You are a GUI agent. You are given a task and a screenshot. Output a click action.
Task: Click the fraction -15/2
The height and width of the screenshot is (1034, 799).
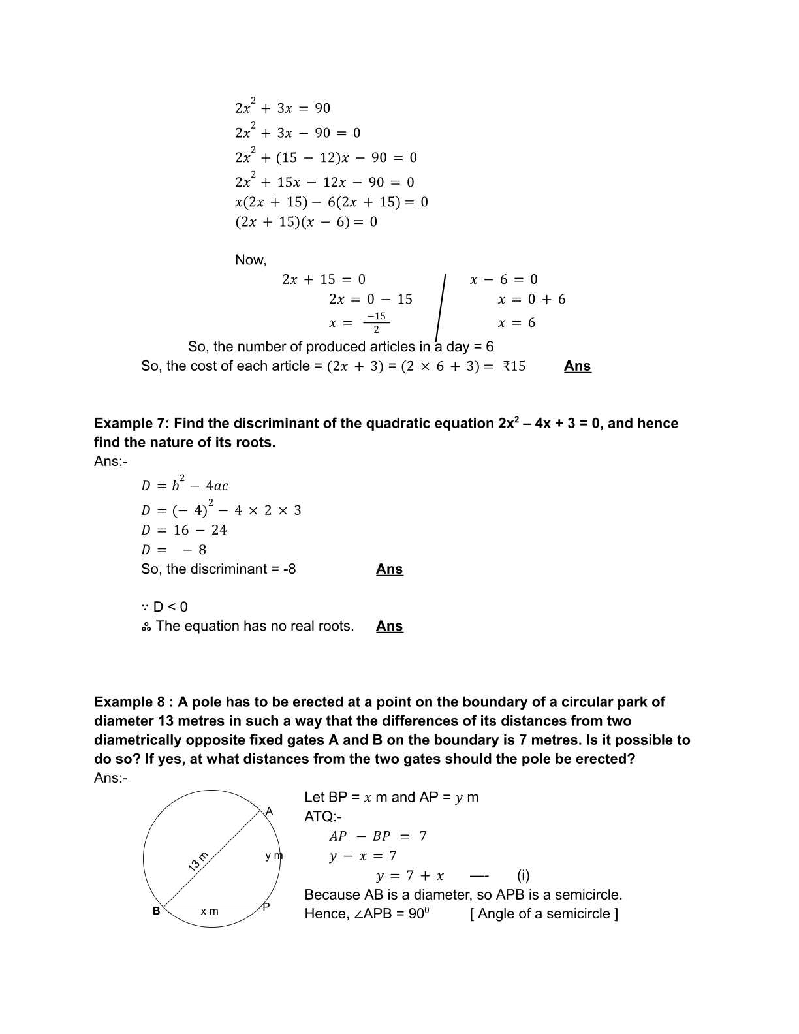(x=376, y=322)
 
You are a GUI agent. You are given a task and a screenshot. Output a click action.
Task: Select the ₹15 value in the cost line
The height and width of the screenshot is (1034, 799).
(x=514, y=366)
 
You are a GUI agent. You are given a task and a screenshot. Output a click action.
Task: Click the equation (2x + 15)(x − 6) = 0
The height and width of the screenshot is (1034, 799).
(x=306, y=222)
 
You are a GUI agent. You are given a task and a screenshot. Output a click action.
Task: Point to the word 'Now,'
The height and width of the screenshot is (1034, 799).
(x=251, y=260)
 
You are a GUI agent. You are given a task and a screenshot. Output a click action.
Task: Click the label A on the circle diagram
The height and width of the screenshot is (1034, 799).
(x=269, y=811)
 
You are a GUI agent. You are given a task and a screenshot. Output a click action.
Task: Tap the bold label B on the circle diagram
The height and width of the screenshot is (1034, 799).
(x=156, y=911)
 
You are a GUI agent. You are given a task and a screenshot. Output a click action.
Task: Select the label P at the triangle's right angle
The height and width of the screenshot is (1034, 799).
(x=266, y=907)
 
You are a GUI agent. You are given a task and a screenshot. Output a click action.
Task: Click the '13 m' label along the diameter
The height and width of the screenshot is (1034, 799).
(x=198, y=862)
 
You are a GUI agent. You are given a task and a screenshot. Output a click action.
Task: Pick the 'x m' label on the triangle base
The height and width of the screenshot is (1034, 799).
(x=210, y=911)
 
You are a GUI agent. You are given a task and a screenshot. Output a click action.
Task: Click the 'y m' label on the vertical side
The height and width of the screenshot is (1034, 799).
(x=274, y=856)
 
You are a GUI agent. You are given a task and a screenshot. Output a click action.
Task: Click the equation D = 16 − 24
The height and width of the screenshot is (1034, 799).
(x=184, y=530)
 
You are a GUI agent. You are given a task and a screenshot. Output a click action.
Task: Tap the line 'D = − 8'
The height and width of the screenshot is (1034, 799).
(x=174, y=550)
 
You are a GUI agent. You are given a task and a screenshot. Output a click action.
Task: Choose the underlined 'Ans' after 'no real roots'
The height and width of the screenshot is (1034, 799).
(x=390, y=626)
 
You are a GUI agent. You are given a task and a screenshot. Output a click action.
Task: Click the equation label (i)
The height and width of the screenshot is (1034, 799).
(x=523, y=875)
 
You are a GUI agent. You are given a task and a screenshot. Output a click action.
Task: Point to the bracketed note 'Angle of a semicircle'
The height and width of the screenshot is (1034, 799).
(x=544, y=914)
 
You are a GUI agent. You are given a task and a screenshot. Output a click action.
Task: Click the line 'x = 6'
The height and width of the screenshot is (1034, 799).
(x=516, y=323)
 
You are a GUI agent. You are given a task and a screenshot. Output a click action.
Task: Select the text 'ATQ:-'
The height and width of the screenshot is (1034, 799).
(x=322, y=817)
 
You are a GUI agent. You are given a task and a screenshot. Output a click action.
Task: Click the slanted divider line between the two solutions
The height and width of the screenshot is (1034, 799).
(x=441, y=307)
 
